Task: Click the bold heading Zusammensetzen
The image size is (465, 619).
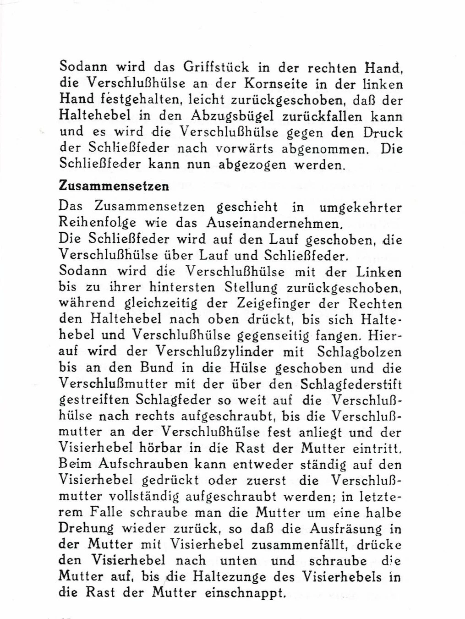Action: (114, 186)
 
